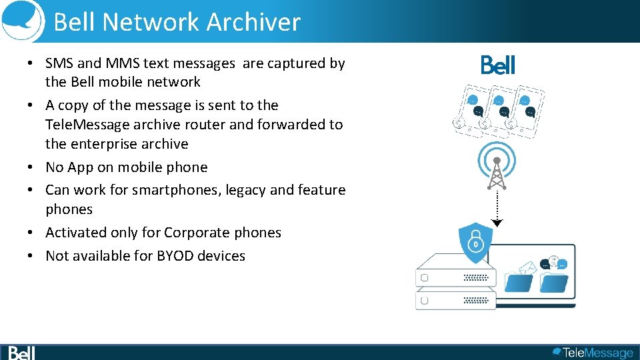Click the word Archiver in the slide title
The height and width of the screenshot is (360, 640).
coord(253,22)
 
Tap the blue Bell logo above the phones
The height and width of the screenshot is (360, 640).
coord(498,65)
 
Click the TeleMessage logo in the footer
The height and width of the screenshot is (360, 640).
coord(593,353)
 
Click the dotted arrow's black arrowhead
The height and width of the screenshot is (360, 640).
coord(497,223)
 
